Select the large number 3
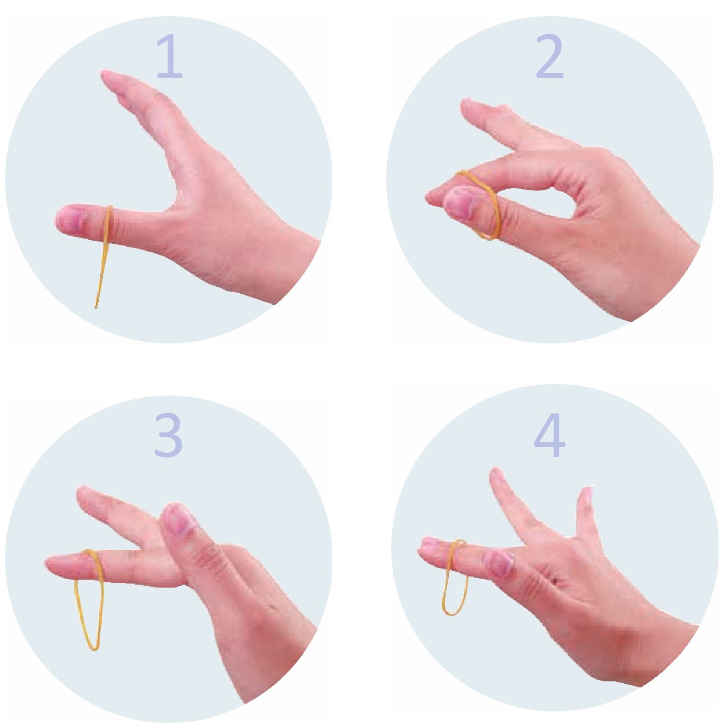[168, 435]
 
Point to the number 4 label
[549, 435]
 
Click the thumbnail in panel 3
[178, 519]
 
